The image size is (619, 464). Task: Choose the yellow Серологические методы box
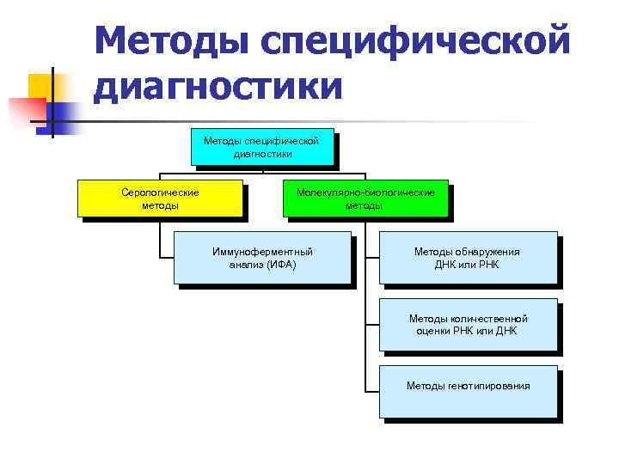click(160, 198)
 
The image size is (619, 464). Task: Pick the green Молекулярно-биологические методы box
click(365, 198)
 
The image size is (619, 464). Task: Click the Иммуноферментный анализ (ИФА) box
click(262, 257)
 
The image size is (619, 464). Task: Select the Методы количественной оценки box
click(468, 324)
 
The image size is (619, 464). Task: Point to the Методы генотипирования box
click(468, 391)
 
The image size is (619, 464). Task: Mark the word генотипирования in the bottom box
click(488, 386)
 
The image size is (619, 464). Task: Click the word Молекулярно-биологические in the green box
click(365, 192)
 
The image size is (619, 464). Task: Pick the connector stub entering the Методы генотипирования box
click(372, 391)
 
